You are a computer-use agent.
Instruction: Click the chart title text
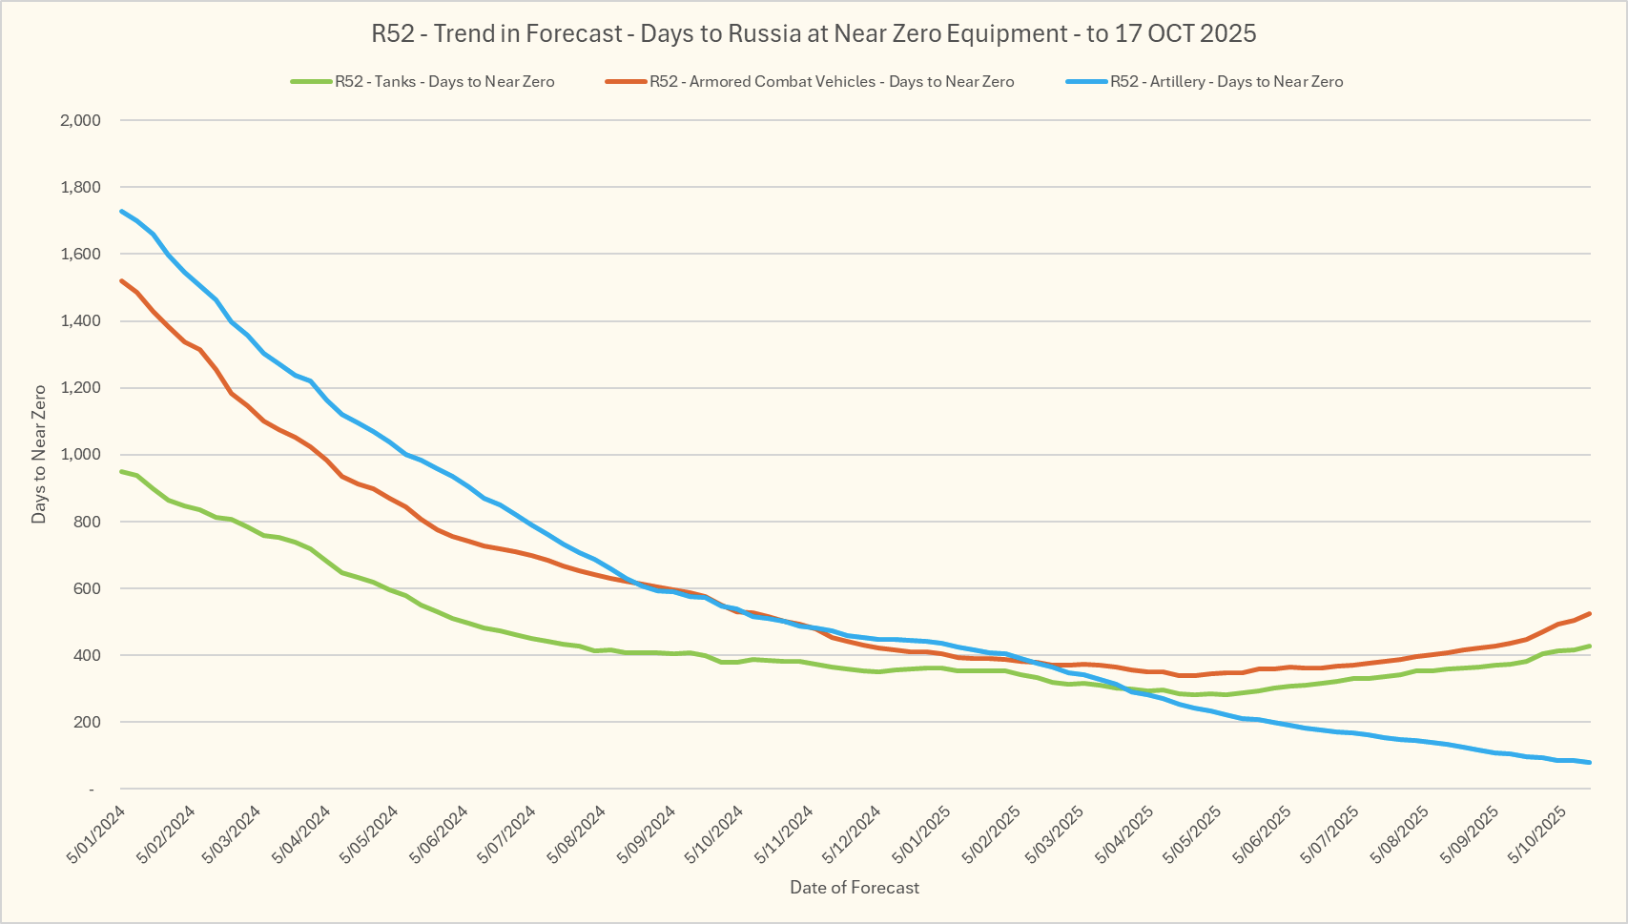(814, 34)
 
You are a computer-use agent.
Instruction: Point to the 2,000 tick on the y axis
(80, 120)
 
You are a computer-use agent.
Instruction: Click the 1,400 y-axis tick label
(80, 321)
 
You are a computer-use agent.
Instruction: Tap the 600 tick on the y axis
(87, 588)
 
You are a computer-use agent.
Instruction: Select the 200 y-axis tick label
(87, 722)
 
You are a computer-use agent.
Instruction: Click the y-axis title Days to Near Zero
(39, 454)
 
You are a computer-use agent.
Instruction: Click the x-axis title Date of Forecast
(855, 888)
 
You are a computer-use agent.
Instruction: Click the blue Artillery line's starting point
(122, 211)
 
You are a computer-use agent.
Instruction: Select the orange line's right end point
(1590, 613)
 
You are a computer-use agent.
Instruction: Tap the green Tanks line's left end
(122, 471)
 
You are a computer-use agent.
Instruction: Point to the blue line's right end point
(1590, 762)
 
